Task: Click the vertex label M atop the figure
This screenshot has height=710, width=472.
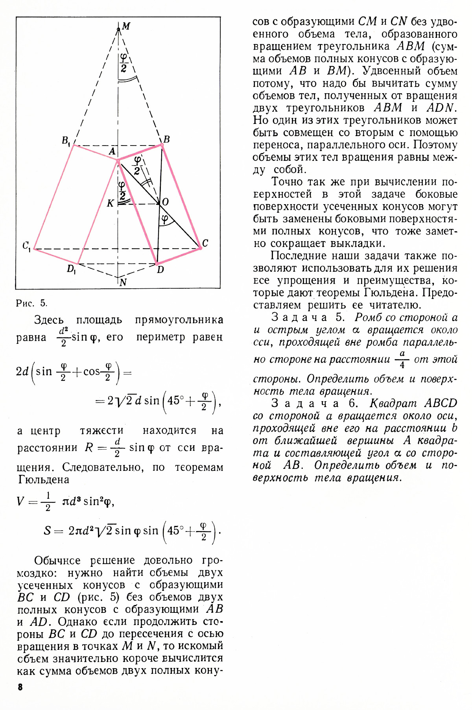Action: tap(126, 26)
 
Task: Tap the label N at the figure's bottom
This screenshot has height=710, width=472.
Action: tap(123, 282)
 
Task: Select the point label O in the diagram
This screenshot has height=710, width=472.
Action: tap(165, 202)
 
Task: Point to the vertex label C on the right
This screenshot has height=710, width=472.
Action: tap(205, 243)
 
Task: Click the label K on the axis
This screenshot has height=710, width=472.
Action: tap(111, 203)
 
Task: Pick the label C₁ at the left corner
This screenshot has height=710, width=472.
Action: tap(26, 246)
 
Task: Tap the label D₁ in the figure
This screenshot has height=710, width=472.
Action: tap(71, 269)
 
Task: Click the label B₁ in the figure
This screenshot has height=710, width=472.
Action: tap(66, 140)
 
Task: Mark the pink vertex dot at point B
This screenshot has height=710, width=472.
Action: tap(161, 145)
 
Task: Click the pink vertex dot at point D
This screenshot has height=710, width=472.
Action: tap(157, 263)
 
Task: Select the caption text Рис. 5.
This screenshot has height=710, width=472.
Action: tap(31, 303)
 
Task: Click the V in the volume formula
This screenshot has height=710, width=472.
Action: tap(21, 501)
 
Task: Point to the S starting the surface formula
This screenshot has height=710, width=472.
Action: tap(48, 531)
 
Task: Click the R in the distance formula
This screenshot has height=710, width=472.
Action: tap(89, 448)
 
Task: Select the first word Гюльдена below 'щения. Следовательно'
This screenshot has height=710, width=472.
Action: tap(44, 479)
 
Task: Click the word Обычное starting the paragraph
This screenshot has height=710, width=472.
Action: tap(57, 560)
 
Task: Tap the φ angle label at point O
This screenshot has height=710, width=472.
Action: tap(165, 219)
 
